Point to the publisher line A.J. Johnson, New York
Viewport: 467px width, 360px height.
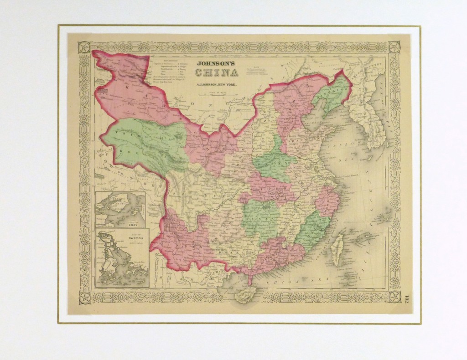click(217, 85)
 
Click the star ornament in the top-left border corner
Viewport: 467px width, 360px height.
click(84, 47)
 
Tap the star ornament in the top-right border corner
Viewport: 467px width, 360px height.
click(394, 47)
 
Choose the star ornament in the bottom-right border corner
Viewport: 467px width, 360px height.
click(394, 297)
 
